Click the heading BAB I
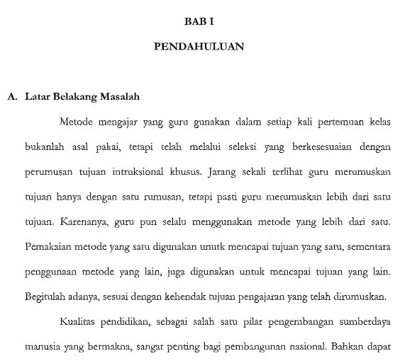(x=199, y=22)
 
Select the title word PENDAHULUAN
(x=199, y=47)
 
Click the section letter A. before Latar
(x=12, y=96)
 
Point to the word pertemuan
(x=341, y=122)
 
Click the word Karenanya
(x=84, y=221)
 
